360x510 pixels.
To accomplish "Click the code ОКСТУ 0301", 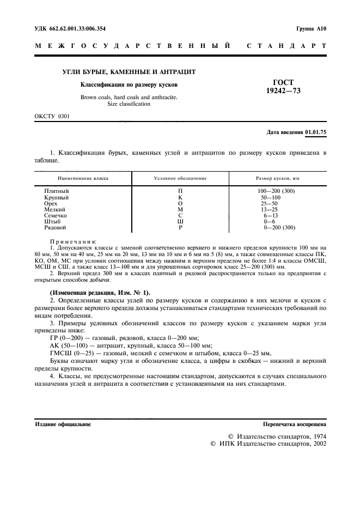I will coord(52,117).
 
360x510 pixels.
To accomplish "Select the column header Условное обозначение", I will coord(180,178).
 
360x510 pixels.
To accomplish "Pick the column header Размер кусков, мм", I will coord(278,178).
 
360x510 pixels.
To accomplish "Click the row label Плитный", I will coord(57,191).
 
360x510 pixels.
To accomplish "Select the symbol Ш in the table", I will coord(180,221).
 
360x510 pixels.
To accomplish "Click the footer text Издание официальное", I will coord(63,423).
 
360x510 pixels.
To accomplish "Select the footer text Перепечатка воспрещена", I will coord(295,423).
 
